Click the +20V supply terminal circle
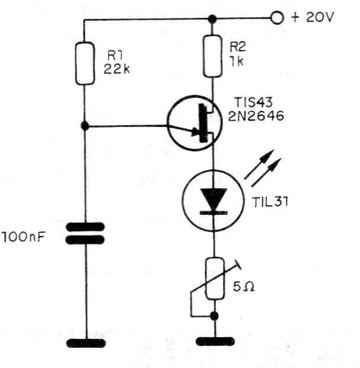pyautogui.click(x=277, y=18)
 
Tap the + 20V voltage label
pyautogui.click(x=312, y=17)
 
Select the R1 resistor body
pyautogui.click(x=85, y=64)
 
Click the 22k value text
pyautogui.click(x=117, y=69)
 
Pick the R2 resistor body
pyautogui.click(x=212, y=56)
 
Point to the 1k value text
pyautogui.click(x=237, y=61)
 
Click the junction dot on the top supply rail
pyautogui.click(x=212, y=18)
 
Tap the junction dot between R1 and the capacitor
pyautogui.click(x=85, y=126)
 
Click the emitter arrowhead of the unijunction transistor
pyautogui.click(x=196, y=132)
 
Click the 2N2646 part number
pyautogui.click(x=256, y=116)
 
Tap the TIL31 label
pyautogui.click(x=270, y=202)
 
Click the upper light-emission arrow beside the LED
pyautogui.click(x=259, y=164)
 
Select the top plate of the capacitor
pyautogui.click(x=85, y=227)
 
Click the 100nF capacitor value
pyautogui.click(x=24, y=237)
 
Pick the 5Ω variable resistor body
pyautogui.click(x=215, y=278)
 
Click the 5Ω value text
pyautogui.click(x=244, y=287)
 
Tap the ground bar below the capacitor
pyautogui.click(x=86, y=343)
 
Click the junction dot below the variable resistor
pyautogui.click(x=214, y=316)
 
